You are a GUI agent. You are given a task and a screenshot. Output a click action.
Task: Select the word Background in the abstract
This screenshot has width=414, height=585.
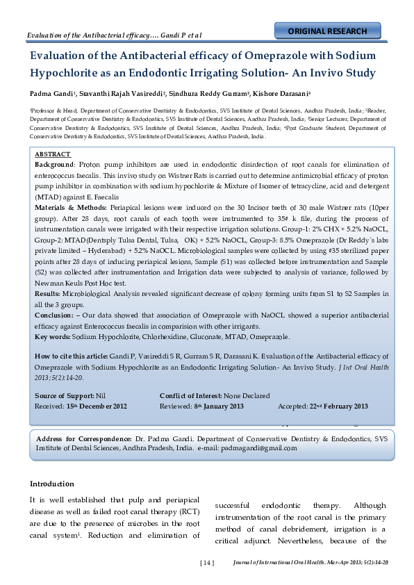54,164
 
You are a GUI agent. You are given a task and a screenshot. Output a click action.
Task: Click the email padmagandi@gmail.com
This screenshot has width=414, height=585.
257,449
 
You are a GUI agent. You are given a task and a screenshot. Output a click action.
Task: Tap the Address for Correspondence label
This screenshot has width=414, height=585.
83,439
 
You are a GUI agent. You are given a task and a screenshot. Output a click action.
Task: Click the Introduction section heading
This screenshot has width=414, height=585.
51,484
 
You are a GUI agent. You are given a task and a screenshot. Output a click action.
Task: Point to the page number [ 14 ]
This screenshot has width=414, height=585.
207,562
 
